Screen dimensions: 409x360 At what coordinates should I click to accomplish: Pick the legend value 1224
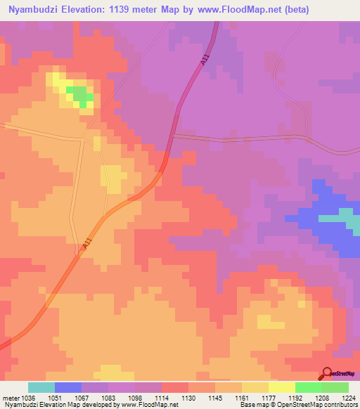pos(348,398)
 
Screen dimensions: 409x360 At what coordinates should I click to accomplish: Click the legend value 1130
pos(189,398)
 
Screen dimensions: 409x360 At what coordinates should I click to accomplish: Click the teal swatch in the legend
pos(41,387)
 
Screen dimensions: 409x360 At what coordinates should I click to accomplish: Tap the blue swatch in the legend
pos(68,387)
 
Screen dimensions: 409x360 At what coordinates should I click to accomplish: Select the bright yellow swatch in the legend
pos(281,387)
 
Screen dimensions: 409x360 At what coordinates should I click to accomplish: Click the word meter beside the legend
pos(11,398)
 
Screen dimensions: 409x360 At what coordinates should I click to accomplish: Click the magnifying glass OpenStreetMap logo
pos(327,374)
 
